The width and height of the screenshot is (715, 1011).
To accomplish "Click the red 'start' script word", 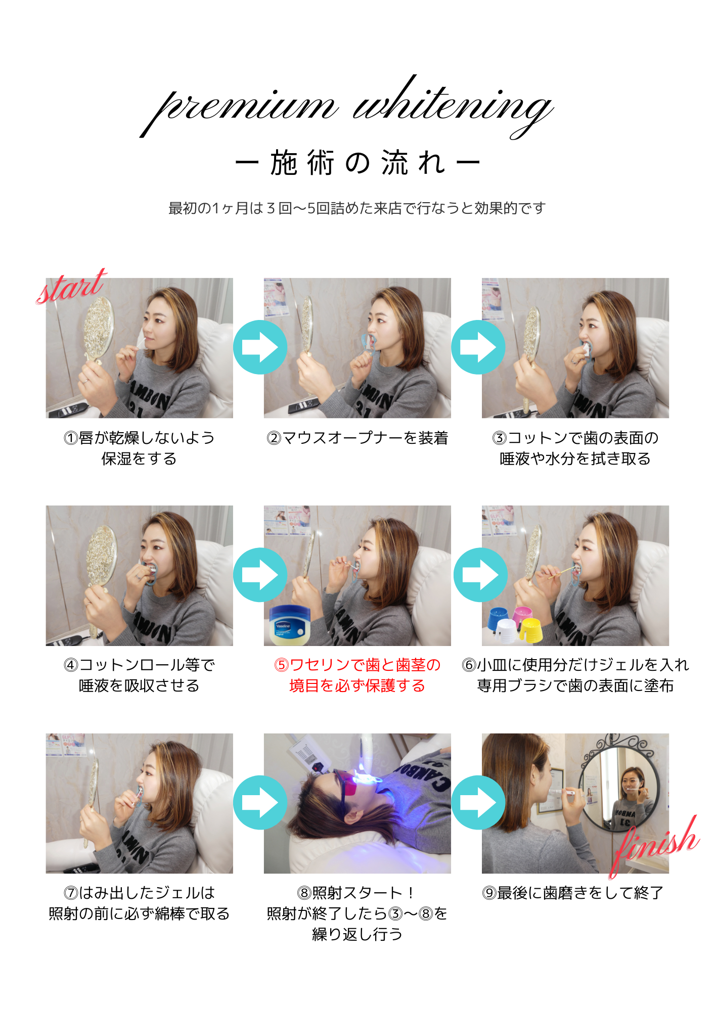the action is tap(71, 286).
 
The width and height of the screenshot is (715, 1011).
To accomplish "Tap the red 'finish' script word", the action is tap(655, 845).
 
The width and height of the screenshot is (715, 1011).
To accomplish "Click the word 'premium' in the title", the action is tap(238, 109).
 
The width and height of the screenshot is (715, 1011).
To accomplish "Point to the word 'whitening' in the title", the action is tap(453, 106).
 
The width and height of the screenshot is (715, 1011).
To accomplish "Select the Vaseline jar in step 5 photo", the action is tap(289, 625).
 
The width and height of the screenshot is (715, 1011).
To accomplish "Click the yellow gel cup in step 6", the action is tap(530, 630).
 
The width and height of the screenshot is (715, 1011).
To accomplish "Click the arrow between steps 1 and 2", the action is tap(260, 347).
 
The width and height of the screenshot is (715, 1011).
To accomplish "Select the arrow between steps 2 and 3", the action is tap(478, 347).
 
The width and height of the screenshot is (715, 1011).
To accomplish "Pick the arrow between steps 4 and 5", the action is tap(260, 575).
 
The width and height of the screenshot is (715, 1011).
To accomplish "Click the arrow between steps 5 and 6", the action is tap(480, 575).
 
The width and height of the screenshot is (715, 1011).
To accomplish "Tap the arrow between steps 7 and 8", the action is tap(260, 803).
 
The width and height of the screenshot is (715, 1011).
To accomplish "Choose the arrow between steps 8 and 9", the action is tap(478, 803).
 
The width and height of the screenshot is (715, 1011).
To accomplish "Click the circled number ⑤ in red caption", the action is tap(281, 665).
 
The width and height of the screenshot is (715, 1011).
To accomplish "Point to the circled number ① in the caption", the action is tap(71, 438).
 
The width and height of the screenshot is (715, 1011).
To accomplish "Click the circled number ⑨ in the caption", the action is tap(489, 893).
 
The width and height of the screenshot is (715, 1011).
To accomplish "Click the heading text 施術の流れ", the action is tap(357, 163).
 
